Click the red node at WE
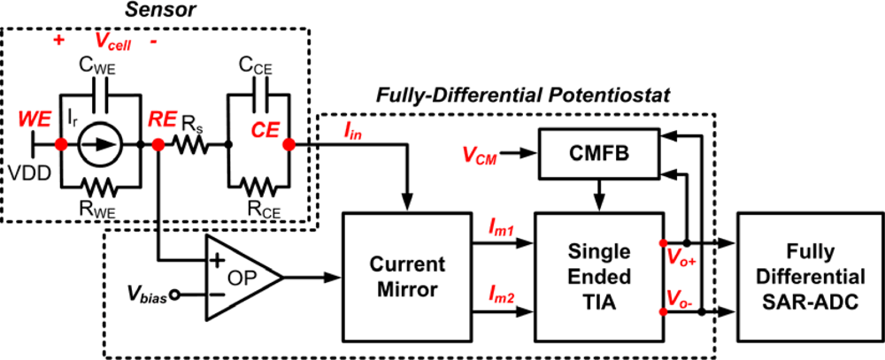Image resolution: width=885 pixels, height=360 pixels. pyautogui.click(x=60, y=143)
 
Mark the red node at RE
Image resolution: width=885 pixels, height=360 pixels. pyautogui.click(x=158, y=143)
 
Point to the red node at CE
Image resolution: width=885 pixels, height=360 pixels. pyautogui.click(x=289, y=143)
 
